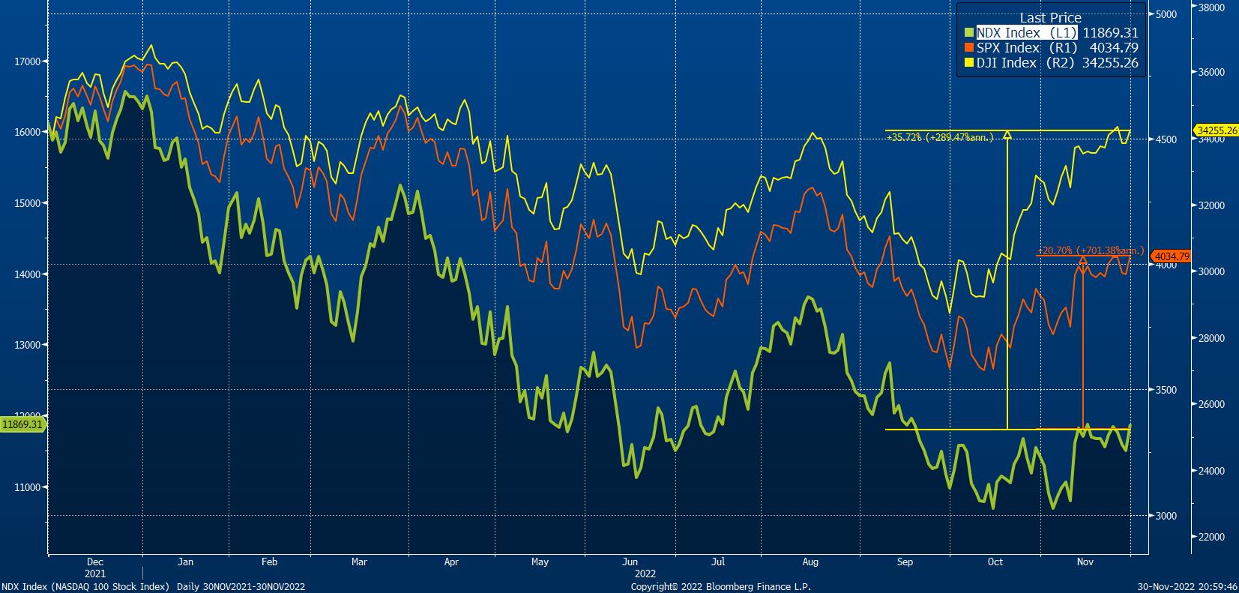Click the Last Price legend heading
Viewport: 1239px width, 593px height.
[x=1049, y=18]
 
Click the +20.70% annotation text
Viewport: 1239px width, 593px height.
[x=1091, y=250]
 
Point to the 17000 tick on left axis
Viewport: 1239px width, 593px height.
[x=28, y=61]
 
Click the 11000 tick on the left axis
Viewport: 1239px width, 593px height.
[x=28, y=487]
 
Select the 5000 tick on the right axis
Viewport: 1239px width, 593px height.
[x=1166, y=14]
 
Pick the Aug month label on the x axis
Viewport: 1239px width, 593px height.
[x=810, y=562]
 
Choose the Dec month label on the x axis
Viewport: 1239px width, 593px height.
[x=95, y=562]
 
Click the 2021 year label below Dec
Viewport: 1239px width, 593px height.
[x=95, y=573]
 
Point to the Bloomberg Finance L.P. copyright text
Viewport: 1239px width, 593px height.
[x=720, y=587]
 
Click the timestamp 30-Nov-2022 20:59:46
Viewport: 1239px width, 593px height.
[x=1187, y=587]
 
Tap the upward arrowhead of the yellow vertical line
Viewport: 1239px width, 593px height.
[x=1007, y=135]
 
